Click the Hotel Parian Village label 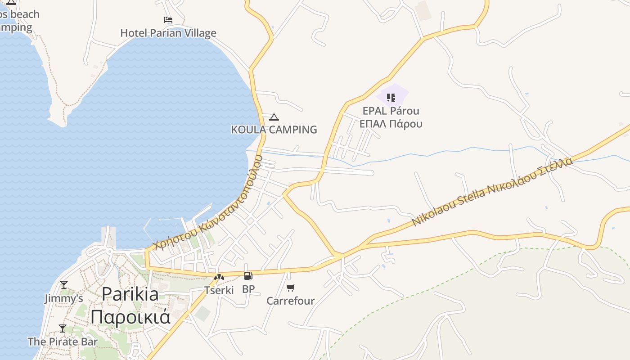pyautogui.click(x=168, y=33)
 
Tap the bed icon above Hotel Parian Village pyautogui.click(x=168, y=20)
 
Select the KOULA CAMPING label pyautogui.click(x=274, y=130)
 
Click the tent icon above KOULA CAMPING pyautogui.click(x=274, y=117)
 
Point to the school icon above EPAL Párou pyautogui.click(x=391, y=97)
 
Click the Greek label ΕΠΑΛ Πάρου pyautogui.click(x=391, y=124)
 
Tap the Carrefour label pyautogui.click(x=290, y=301)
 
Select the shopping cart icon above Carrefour pyautogui.click(x=291, y=288)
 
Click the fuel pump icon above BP pyautogui.click(x=248, y=276)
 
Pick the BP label pyautogui.click(x=248, y=289)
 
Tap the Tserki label pyautogui.click(x=219, y=290)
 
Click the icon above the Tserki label pyautogui.click(x=219, y=277)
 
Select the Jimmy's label pyautogui.click(x=63, y=298)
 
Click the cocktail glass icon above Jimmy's pyautogui.click(x=64, y=285)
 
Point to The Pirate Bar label pyautogui.click(x=63, y=342)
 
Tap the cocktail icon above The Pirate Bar pyautogui.click(x=63, y=328)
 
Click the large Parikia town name pyautogui.click(x=130, y=294)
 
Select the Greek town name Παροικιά pyautogui.click(x=130, y=316)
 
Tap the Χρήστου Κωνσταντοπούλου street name pyautogui.click(x=207, y=203)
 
